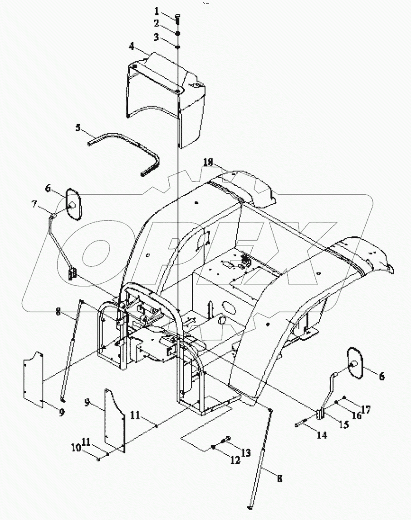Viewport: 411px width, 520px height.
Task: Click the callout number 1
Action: pos(157,10)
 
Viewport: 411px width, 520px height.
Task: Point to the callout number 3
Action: pos(157,38)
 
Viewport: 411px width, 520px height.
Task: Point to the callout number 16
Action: pos(356,416)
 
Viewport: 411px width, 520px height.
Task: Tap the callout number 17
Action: pos(366,409)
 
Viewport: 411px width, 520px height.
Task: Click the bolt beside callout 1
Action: pos(177,17)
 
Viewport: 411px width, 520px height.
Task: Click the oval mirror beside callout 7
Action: pos(73,205)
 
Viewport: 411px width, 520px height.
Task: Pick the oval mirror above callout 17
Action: pos(356,362)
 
